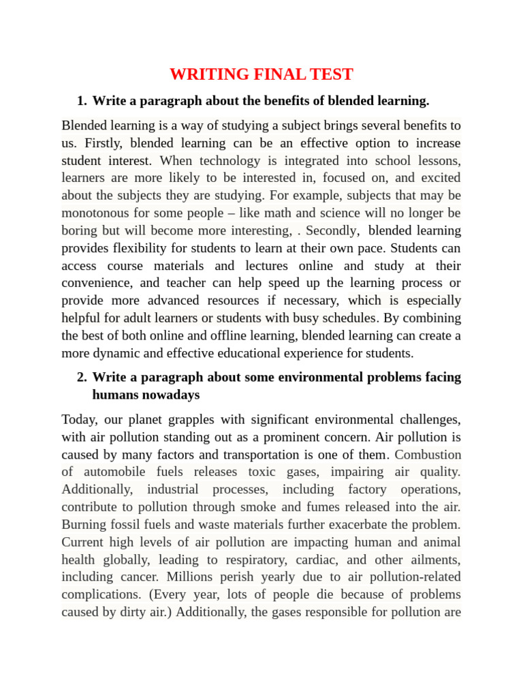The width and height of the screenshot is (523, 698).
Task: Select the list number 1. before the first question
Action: tap(82, 101)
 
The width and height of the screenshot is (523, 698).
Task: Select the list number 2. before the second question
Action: tap(82, 377)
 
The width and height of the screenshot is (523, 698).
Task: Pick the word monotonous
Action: tap(94, 213)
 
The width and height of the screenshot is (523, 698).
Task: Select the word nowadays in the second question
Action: tap(166, 395)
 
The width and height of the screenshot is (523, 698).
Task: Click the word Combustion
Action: tap(427, 454)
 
